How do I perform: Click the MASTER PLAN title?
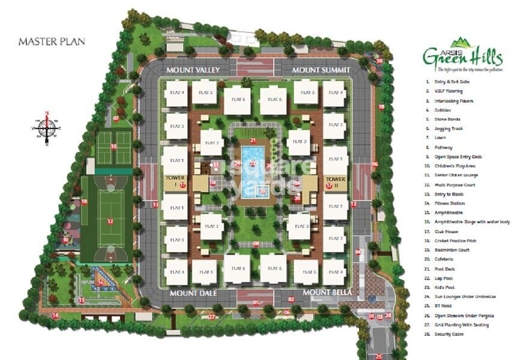(x=51, y=42)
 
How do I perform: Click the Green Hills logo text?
(x=462, y=58)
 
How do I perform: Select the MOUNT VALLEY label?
(x=193, y=70)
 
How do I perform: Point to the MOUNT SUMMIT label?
(x=320, y=70)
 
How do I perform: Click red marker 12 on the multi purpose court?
(x=110, y=221)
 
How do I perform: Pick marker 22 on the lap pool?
(x=252, y=163)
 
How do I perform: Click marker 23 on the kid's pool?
(x=263, y=191)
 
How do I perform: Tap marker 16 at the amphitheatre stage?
(x=100, y=283)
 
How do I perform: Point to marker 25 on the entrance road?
(x=378, y=356)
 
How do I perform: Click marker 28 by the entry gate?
(x=388, y=315)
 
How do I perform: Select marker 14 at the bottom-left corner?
(x=55, y=315)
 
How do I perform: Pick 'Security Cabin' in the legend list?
(x=448, y=334)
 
